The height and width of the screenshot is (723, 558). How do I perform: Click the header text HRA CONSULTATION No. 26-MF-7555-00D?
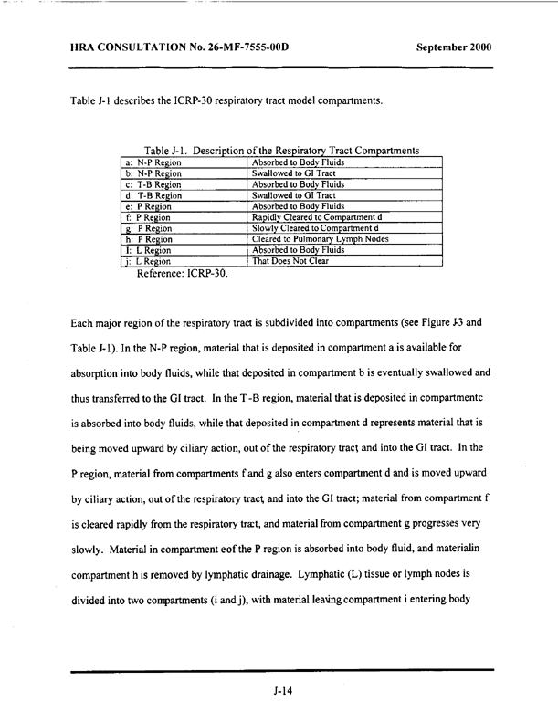(x=179, y=46)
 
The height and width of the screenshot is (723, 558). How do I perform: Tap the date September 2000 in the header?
(x=453, y=46)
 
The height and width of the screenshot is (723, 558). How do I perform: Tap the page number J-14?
(x=281, y=693)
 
